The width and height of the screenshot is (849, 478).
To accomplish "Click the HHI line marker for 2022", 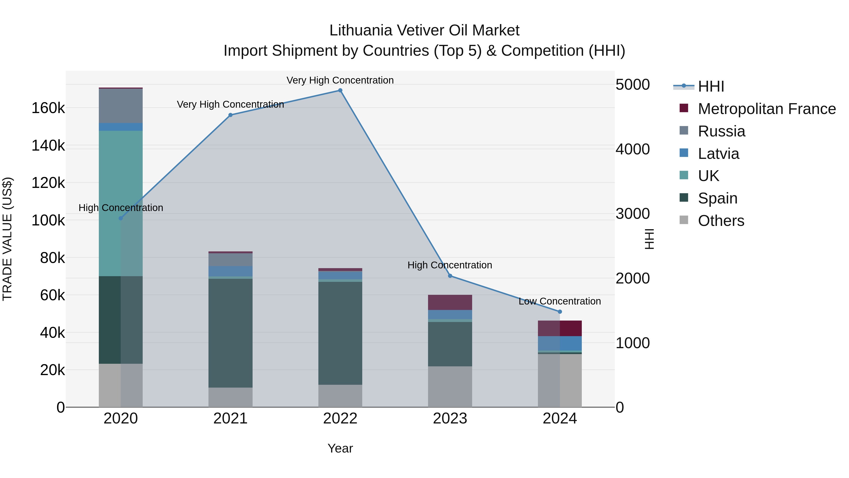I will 340,90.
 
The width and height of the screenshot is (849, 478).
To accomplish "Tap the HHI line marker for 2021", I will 230,115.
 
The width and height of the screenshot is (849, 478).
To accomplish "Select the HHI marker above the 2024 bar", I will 560,312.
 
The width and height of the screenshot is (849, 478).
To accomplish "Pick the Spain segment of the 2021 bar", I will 230,333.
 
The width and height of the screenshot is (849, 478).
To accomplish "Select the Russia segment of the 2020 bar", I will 121,106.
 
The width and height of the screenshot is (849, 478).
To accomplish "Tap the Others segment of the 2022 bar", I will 340,396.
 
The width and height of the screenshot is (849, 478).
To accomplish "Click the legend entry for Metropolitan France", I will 767,109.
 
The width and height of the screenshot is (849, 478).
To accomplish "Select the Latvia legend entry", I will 719,154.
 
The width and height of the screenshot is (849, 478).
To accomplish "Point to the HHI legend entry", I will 711,86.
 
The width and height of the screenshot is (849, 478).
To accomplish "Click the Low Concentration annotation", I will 560,301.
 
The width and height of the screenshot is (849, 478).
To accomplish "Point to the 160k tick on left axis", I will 48,108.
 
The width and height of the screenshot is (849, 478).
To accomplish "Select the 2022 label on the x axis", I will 340,419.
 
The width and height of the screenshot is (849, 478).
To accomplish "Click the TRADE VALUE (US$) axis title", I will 7,239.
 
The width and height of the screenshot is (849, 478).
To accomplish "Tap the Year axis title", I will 340,448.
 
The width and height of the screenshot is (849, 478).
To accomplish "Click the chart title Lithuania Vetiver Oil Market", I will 424,30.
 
